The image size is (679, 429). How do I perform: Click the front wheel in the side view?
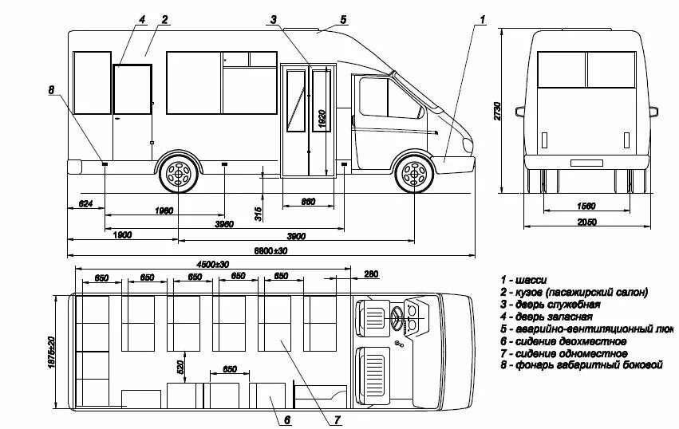(413, 174)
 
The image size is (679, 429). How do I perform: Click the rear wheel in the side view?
(178, 174)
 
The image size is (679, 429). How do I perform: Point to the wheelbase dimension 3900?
(296, 236)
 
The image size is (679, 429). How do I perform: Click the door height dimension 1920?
(322, 118)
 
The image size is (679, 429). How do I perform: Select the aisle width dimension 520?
(180, 367)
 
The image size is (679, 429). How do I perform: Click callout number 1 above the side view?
(483, 18)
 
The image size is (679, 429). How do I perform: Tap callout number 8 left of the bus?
(52, 90)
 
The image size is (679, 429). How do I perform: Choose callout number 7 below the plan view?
(338, 419)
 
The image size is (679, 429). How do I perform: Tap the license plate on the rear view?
(586, 163)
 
